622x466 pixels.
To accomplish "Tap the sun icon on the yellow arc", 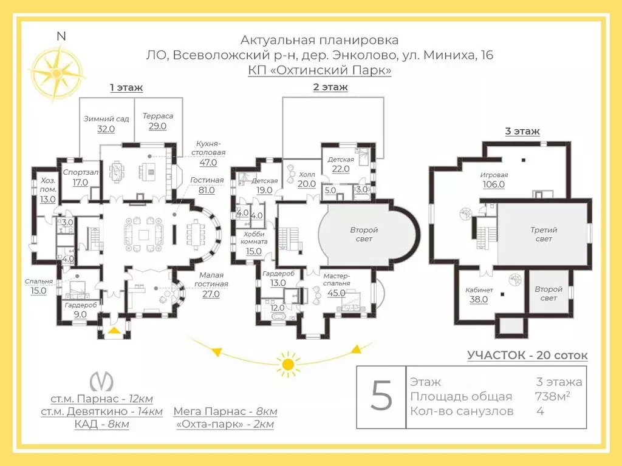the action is tap(289, 364).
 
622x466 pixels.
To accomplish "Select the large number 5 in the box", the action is tap(381, 396).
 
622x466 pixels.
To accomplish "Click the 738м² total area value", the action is tap(553, 396).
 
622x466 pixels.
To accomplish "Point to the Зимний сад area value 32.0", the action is tap(106, 129).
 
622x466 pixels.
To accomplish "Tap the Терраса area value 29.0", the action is tap(157, 126).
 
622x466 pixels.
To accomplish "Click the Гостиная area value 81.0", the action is tap(207, 190).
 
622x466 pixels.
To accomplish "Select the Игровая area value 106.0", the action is tap(493, 184).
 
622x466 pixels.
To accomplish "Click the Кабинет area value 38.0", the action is tap(479, 300).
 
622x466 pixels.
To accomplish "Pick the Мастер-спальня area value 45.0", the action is tap(337, 293).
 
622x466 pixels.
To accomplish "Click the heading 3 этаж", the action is tap(522, 131).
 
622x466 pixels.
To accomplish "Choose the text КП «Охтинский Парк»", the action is tap(320, 70).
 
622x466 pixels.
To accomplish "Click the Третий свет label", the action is tap(544, 234).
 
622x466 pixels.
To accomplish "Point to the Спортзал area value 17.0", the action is tap(80, 182).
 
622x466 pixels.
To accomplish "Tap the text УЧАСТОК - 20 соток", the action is tap(527, 355).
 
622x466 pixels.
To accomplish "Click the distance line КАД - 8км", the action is tap(101, 424).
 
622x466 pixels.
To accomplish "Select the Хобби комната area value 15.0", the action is tap(253, 251).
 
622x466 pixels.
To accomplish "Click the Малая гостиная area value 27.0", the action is tap(211, 294).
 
